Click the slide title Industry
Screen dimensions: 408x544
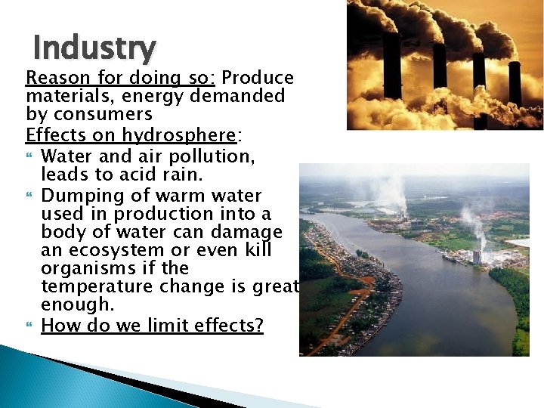pyautogui.click(x=94, y=48)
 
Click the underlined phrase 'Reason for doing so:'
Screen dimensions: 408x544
pyautogui.click(x=122, y=79)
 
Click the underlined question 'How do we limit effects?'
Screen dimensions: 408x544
pyautogui.click(x=152, y=326)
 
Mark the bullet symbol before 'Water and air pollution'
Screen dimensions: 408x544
pyautogui.click(x=30, y=156)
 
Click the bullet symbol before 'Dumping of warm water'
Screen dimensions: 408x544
pyautogui.click(x=30, y=195)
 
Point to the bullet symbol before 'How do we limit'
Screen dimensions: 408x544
pyautogui.click(x=30, y=326)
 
